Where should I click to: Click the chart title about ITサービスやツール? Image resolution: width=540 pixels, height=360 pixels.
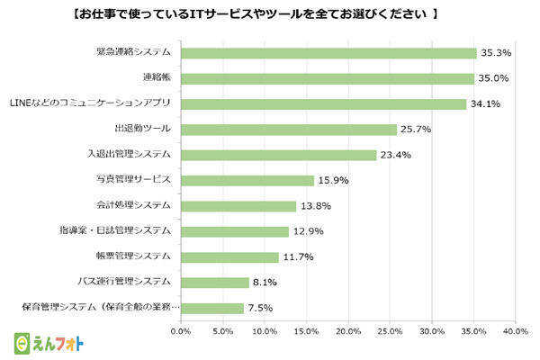pos(270,14)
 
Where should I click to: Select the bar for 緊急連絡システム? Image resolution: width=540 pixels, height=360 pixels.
pos(328,53)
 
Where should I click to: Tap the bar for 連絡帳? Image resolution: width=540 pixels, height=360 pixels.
pos(328,78)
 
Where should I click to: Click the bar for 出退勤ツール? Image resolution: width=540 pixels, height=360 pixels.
pos(289,130)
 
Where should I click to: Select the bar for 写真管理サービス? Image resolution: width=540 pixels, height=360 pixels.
pos(247,180)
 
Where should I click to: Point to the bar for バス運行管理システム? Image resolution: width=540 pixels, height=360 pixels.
pos(215,282)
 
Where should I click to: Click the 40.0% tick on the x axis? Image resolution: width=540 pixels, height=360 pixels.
pos(515,332)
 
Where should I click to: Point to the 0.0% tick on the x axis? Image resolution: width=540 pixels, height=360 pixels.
pos(181,332)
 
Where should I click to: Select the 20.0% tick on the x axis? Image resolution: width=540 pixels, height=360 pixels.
pos(348,332)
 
